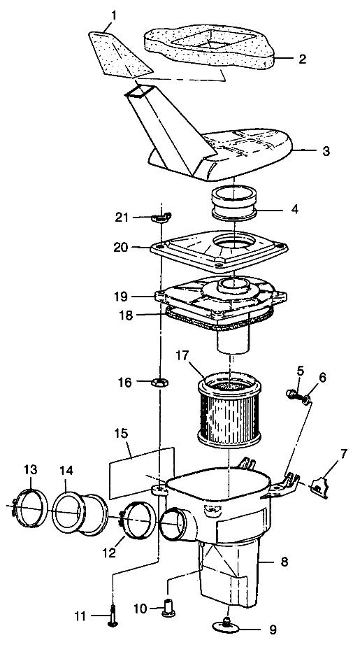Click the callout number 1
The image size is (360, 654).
coord(114,16)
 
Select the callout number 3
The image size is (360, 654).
coord(326,150)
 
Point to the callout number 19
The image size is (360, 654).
coord(124,297)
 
